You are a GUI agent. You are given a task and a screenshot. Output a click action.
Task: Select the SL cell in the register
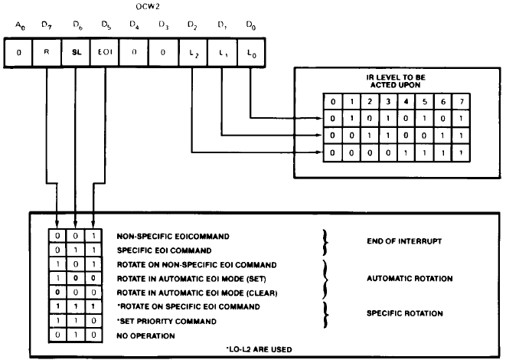click(x=75, y=55)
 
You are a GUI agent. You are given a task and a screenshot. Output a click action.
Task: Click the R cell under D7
click(x=47, y=55)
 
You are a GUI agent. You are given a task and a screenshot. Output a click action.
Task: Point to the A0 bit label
click(x=19, y=28)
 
